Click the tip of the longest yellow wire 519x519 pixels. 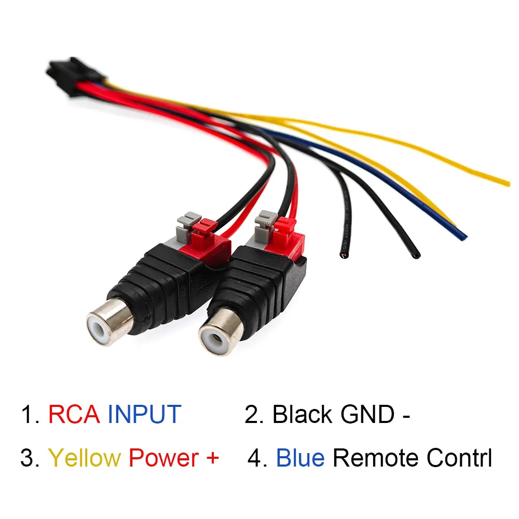[508, 183]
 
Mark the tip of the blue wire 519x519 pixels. [463, 238]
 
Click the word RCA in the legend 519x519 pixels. [75, 415]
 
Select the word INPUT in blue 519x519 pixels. [144, 415]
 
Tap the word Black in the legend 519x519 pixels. [302, 415]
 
